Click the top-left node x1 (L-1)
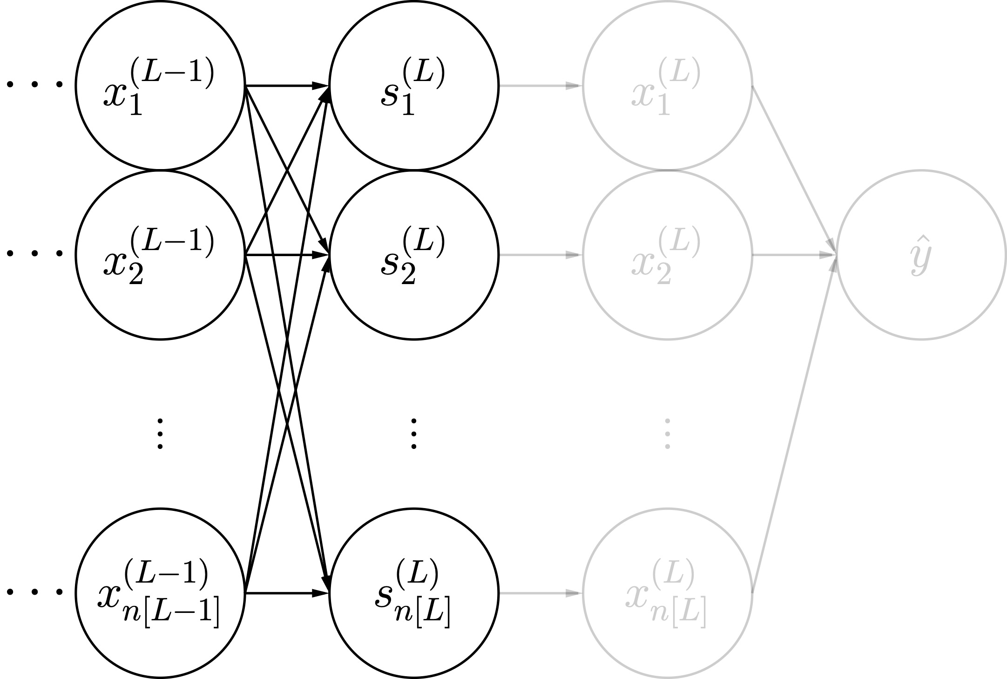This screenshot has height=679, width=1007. (x=160, y=86)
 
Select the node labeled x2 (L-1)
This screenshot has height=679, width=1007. (x=160, y=255)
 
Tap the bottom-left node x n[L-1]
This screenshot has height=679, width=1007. (x=160, y=593)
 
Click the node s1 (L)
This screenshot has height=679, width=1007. (x=414, y=86)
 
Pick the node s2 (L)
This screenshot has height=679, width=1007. (x=414, y=255)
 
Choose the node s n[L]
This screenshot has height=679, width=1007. (x=414, y=593)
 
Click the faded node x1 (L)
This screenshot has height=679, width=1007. (x=668, y=86)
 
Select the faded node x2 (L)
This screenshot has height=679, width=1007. (x=668, y=255)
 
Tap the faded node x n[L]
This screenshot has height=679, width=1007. (x=668, y=593)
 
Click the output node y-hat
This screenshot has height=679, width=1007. (x=921, y=255)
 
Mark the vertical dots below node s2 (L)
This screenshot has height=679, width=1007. (x=414, y=434)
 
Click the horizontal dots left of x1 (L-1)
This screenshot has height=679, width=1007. (x=34, y=85)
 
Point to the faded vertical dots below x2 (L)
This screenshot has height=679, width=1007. (x=668, y=434)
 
